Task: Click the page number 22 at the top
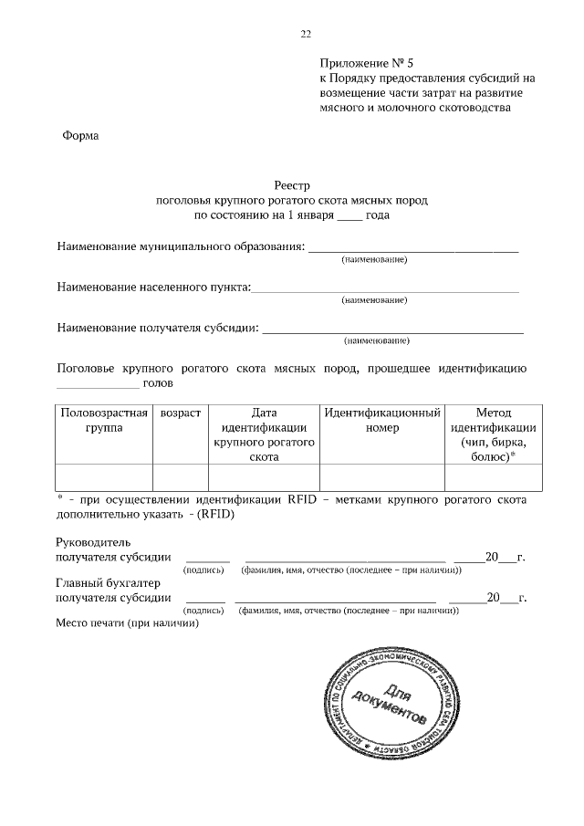[x=306, y=35]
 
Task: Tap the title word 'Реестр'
[x=291, y=183]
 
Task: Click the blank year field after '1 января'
[x=349, y=218]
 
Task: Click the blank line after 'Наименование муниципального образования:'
[x=412, y=248]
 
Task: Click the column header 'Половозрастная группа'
[x=104, y=421]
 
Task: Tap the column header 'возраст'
[x=181, y=413]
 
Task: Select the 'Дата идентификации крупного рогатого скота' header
[x=264, y=434]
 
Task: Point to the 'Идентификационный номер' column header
[x=382, y=421]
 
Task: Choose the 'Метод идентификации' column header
[x=494, y=434]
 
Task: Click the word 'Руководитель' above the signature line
[x=94, y=542]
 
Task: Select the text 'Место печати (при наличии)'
[x=128, y=624]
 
